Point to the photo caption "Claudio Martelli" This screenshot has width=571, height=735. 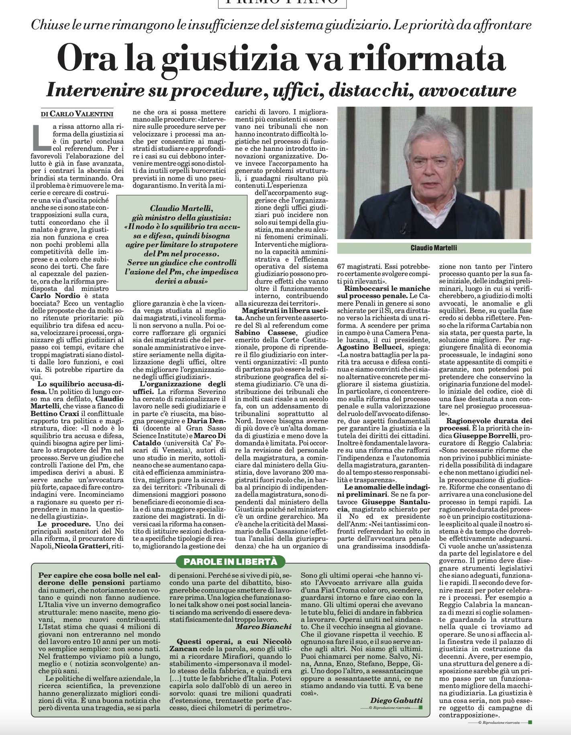[434, 248]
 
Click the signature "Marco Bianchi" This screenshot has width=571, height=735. [263, 627]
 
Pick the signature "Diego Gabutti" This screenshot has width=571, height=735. [396, 700]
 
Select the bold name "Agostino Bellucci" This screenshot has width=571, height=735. [373, 347]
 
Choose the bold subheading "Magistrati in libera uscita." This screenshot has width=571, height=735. [281, 311]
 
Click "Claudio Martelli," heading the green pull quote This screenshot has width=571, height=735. [182, 209]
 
